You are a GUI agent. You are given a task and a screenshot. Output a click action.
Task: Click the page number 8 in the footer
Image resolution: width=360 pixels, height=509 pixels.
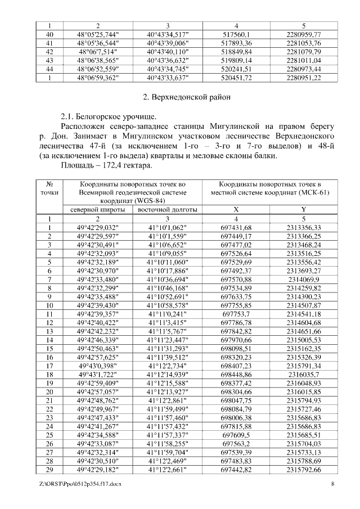pyautogui.click(x=332, y=484)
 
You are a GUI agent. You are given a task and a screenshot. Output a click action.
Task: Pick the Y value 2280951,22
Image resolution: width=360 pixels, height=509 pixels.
pyautogui.click(x=303, y=78)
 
